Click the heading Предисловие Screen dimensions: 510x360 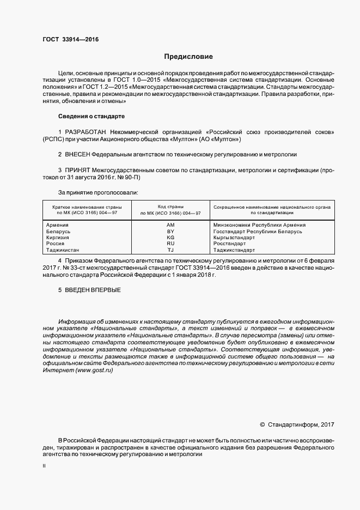point(188,56)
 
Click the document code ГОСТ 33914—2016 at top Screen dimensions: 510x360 point(70,39)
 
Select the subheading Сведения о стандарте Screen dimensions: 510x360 point(91,117)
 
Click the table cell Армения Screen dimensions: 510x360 point(57,224)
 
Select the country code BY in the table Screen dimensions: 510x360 point(170,232)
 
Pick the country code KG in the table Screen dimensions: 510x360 point(170,238)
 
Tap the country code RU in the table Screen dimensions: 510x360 point(170,244)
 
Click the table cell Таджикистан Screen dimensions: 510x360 point(63,250)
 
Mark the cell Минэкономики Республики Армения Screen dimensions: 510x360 point(259,224)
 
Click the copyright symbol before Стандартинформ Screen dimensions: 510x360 point(262,424)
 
